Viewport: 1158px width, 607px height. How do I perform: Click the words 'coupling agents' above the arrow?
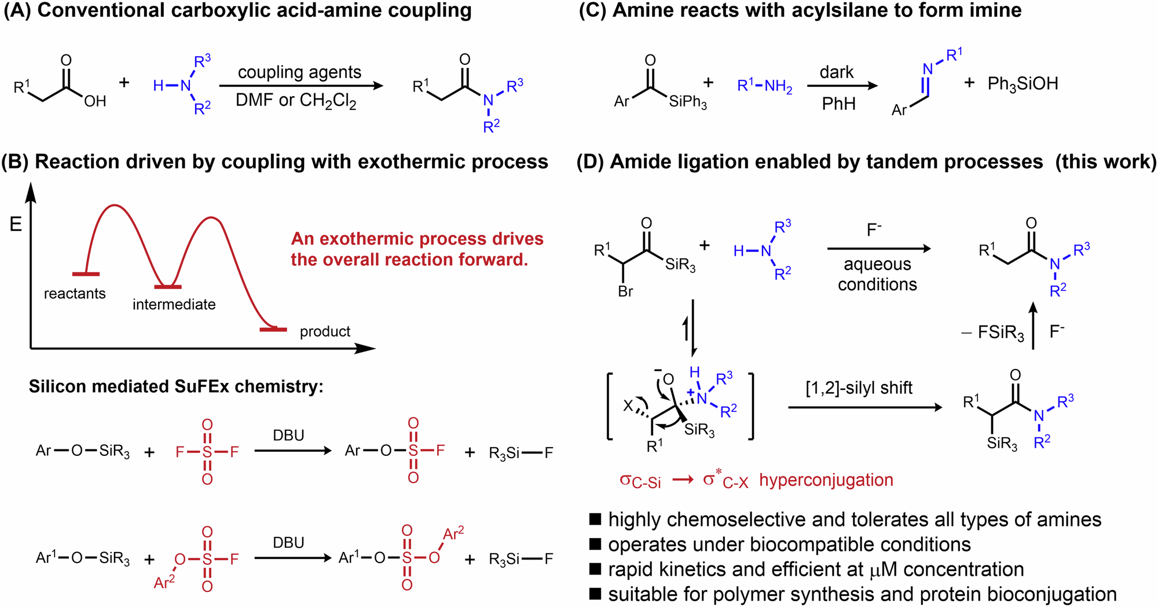[299, 72]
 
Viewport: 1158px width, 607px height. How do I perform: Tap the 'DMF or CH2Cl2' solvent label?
[296, 101]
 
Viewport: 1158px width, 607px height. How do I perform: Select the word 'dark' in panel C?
[837, 72]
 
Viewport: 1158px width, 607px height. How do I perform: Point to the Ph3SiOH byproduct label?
[1023, 84]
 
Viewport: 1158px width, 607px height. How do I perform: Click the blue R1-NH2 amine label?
[764, 86]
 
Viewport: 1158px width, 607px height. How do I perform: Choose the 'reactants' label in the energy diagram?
[75, 294]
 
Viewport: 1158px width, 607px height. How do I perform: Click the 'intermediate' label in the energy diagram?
[174, 305]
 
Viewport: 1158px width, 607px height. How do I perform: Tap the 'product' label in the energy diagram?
[325, 332]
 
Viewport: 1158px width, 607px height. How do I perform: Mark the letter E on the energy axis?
[16, 224]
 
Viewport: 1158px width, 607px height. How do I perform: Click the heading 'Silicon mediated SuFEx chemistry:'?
[176, 386]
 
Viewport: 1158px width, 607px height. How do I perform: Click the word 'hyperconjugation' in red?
[826, 480]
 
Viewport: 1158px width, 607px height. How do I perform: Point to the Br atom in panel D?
[625, 292]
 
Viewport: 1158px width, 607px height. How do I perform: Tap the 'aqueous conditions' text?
[877, 274]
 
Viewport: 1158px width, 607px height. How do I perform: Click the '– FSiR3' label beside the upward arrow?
[992, 333]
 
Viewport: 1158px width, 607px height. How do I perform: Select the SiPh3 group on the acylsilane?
[688, 103]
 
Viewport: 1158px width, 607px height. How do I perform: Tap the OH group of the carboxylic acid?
[95, 101]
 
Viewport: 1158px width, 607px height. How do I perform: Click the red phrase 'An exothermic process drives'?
[417, 239]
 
